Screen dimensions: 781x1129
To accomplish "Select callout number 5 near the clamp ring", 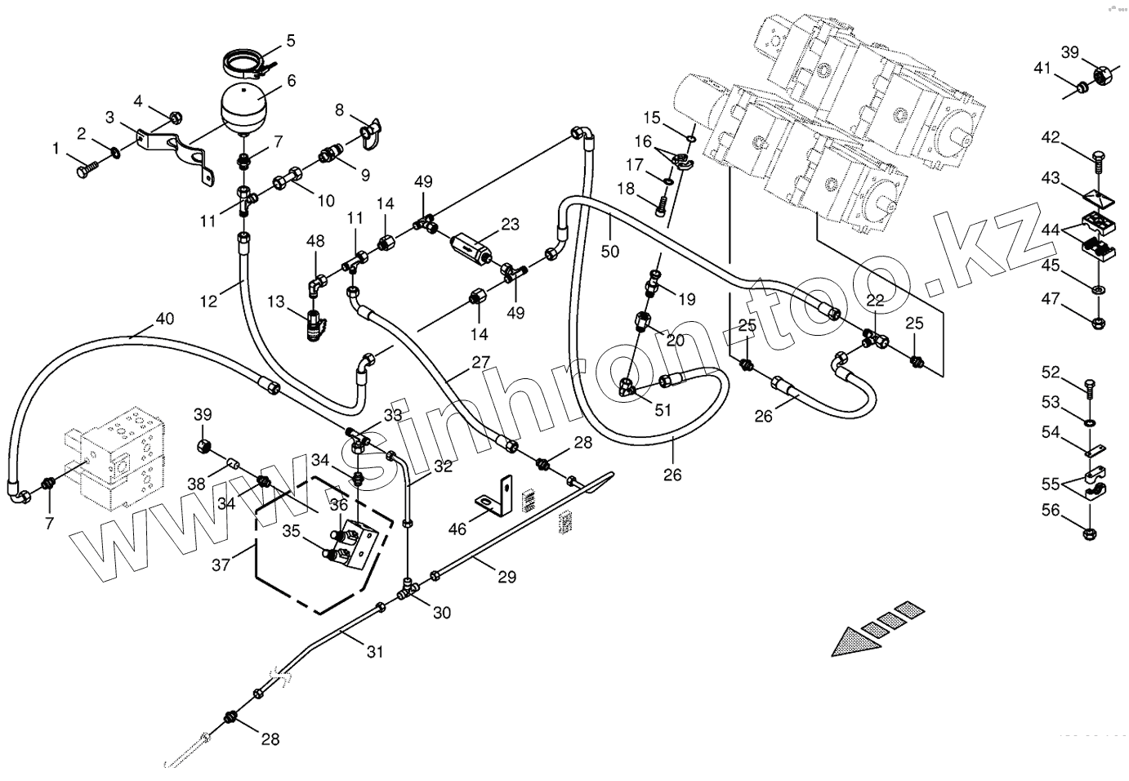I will (290, 40).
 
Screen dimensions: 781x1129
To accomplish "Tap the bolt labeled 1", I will (86, 170).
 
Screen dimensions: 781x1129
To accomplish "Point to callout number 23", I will (510, 224).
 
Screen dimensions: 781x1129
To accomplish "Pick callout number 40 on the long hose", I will (164, 319).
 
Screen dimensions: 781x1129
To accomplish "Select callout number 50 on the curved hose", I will (610, 252).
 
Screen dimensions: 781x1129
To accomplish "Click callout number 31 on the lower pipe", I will (374, 651).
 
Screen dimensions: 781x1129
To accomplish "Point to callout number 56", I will (1050, 511).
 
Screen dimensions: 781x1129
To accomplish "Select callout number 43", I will (1050, 177).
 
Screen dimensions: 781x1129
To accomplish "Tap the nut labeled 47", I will (1099, 321).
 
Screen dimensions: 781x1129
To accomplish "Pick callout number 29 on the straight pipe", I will (506, 577).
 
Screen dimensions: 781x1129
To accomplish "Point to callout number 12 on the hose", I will (209, 301).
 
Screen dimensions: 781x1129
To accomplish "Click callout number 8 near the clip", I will (339, 110).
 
